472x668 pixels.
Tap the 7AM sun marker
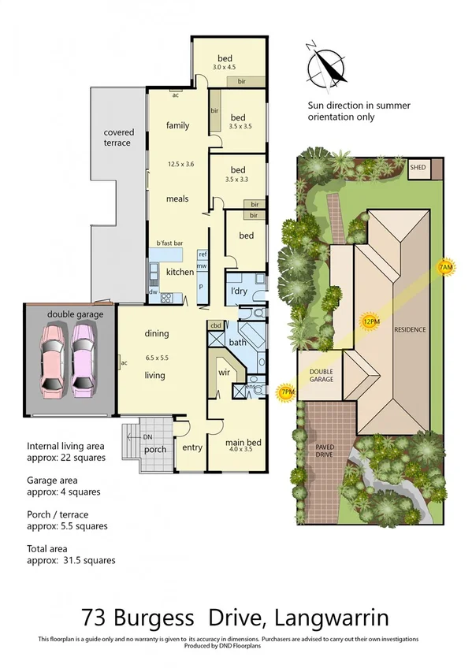pos(446,269)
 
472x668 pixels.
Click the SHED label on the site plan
pos(418,168)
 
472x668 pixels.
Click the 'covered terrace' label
pos(118,138)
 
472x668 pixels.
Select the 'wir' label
pos(223,372)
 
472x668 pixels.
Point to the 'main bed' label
pos(243,443)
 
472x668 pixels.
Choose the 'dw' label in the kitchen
pos(153,292)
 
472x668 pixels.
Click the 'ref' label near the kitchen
pos(203,254)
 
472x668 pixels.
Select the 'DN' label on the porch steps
pos(147,436)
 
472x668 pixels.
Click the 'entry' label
pos(191,447)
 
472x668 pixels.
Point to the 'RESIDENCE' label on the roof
pos(411,329)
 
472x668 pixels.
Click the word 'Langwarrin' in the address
pos(334,615)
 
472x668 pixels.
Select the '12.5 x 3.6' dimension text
pos(180,165)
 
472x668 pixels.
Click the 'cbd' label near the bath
pos(215,325)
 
